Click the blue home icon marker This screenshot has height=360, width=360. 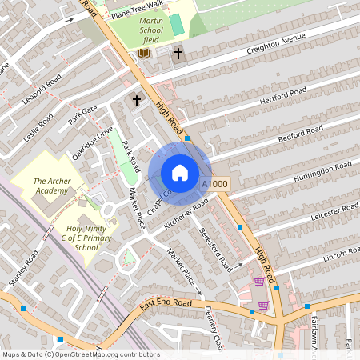(180, 173)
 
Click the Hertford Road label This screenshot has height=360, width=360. (284, 98)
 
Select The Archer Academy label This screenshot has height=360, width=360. (51, 186)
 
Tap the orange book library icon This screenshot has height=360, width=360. (145, 53)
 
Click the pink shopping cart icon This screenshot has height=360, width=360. (259, 282)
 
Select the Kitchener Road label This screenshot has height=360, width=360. (186, 214)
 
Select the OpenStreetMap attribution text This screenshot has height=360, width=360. (81, 354)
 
